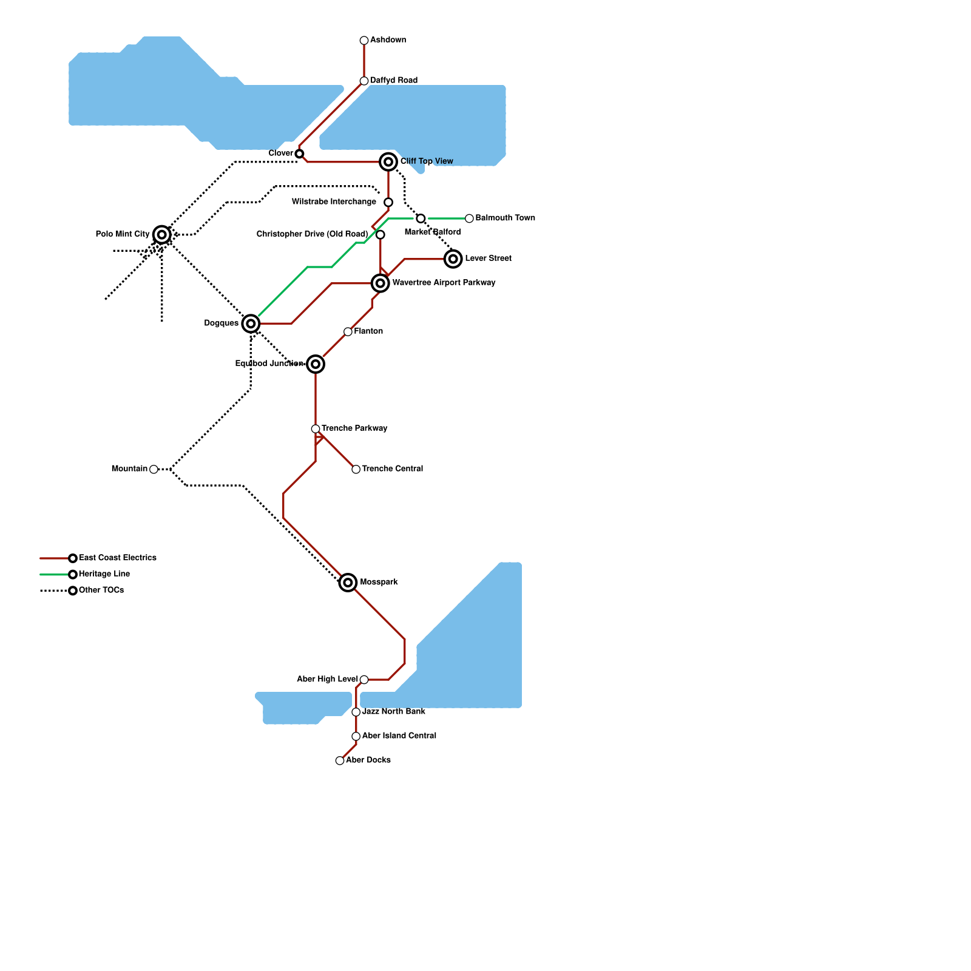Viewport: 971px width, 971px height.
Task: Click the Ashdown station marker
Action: point(364,41)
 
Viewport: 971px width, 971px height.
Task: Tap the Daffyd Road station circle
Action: point(364,81)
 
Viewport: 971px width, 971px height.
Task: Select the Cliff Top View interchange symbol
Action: point(388,162)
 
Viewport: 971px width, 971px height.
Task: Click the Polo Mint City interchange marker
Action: point(162,235)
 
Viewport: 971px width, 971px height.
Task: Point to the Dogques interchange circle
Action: point(251,324)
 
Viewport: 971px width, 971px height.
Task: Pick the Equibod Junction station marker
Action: point(316,364)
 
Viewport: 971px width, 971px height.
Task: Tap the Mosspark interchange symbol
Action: point(348,583)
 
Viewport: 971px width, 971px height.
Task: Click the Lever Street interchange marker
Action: point(453,259)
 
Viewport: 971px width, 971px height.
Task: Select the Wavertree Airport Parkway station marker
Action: point(381,283)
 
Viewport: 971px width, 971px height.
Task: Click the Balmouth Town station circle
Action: point(469,218)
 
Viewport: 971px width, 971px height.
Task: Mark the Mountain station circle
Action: point(154,469)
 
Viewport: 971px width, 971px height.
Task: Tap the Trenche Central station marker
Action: point(356,469)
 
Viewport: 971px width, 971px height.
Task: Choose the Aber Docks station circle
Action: point(340,760)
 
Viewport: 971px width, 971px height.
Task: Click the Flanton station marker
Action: point(348,332)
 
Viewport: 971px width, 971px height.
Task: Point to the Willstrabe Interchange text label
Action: point(334,202)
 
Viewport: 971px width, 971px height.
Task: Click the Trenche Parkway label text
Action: point(354,428)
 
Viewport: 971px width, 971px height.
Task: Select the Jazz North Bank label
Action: point(394,711)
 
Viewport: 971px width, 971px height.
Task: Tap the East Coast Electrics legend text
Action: point(118,558)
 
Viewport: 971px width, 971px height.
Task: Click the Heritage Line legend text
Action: point(104,574)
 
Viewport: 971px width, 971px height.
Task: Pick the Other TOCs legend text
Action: point(101,590)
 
